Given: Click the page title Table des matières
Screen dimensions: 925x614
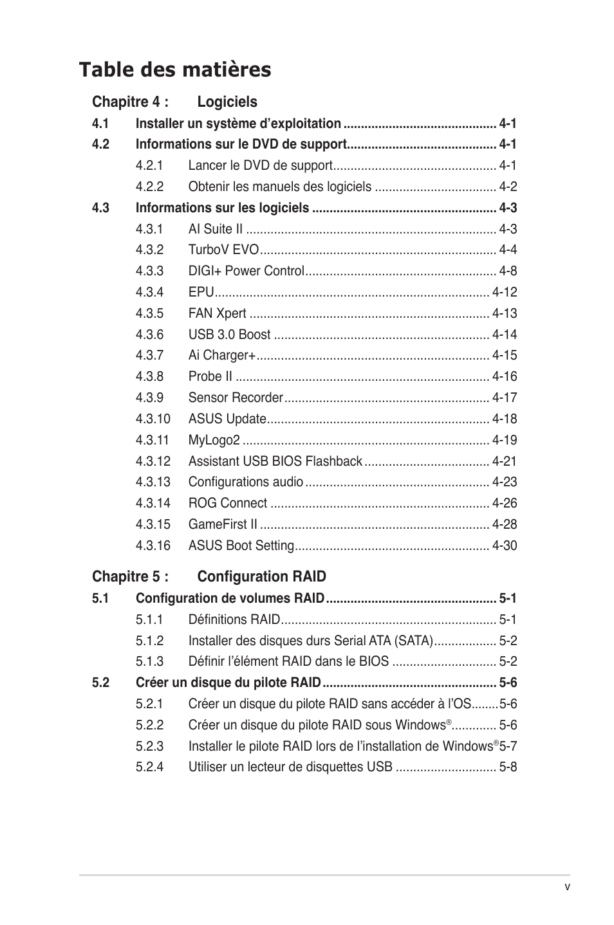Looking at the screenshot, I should click(175, 69).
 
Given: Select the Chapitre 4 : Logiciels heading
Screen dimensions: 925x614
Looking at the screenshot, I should click(174, 102).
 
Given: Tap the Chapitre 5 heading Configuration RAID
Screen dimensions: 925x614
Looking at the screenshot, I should click(209, 576).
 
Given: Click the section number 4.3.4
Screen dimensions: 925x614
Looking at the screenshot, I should click(149, 292).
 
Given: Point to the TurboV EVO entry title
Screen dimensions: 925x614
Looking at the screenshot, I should click(223, 250).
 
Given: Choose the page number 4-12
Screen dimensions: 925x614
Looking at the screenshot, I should click(505, 292).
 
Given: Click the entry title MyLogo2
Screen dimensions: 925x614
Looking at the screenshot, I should click(214, 440).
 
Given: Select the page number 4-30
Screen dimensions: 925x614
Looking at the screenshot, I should click(505, 545).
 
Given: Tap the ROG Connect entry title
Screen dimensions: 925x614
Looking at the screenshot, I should click(227, 503).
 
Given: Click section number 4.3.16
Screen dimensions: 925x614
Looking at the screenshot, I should click(153, 545).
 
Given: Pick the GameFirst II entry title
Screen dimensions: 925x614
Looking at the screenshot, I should click(223, 524).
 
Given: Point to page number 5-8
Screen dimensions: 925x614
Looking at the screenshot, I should click(508, 767).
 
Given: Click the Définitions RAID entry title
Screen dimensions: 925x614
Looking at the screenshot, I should click(234, 619).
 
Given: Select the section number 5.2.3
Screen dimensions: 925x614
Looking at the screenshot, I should click(149, 746).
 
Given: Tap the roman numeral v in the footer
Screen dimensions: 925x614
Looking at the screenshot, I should click(567, 886).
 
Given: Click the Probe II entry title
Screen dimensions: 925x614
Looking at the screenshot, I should click(210, 376).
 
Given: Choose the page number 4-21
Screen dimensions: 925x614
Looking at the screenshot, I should click(505, 461).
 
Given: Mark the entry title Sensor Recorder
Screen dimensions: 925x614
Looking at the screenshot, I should click(236, 398).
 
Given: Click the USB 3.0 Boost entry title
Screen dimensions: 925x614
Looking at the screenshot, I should click(229, 334).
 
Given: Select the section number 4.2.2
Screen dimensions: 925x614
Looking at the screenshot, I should click(149, 187).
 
